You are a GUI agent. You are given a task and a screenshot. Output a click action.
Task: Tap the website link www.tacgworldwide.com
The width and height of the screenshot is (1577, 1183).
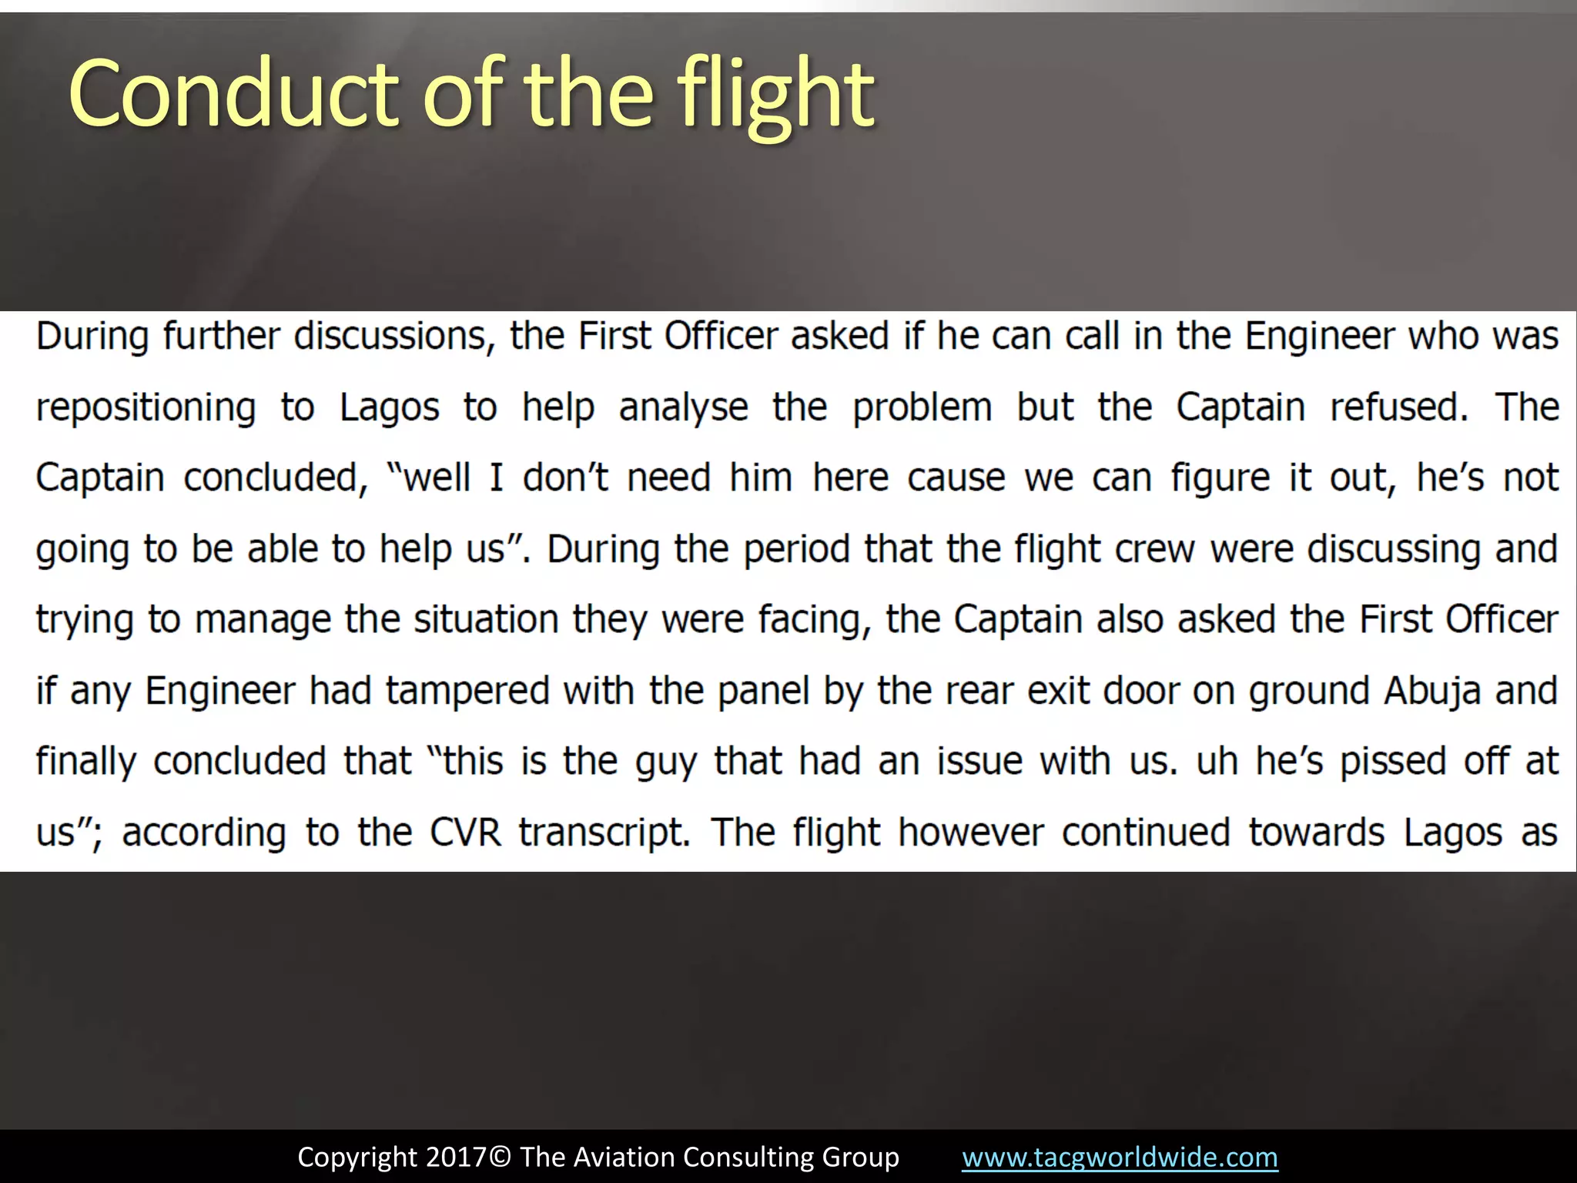click(x=1120, y=1158)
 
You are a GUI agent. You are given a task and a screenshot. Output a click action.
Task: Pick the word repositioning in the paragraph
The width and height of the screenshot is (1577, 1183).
click(x=146, y=408)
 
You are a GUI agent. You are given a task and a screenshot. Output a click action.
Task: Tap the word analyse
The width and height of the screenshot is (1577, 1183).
click(x=683, y=408)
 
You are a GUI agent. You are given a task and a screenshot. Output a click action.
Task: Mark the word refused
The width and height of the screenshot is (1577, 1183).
click(x=1399, y=408)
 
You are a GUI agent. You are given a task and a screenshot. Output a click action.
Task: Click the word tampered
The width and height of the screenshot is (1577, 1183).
click(x=467, y=691)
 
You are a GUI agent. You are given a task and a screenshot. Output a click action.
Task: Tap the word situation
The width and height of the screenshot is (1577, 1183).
click(x=486, y=620)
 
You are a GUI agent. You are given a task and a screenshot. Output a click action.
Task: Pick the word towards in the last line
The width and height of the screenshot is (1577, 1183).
click(x=1316, y=833)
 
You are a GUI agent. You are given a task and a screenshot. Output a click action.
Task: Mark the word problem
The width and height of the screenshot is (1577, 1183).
click(x=922, y=408)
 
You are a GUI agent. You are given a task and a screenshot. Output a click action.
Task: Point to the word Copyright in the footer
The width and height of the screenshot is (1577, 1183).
click(x=357, y=1158)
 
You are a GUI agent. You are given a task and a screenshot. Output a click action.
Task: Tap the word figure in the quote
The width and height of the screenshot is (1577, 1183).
click(x=1220, y=479)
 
